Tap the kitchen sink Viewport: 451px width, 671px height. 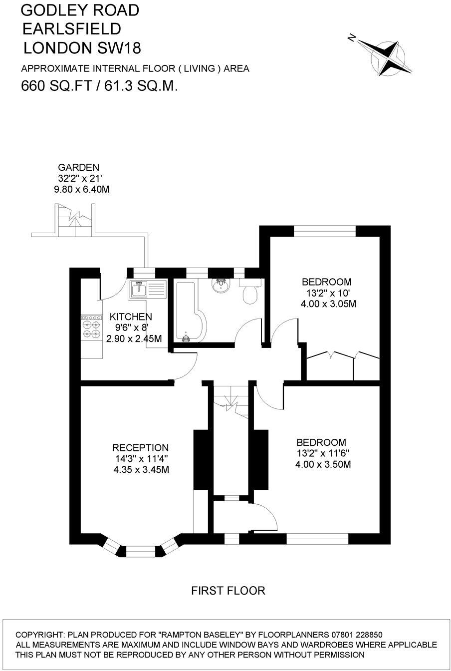(x=138, y=289)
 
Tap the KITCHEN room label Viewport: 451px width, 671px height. (x=131, y=317)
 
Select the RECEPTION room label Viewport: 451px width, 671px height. (x=140, y=447)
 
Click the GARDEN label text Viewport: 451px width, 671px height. (x=79, y=167)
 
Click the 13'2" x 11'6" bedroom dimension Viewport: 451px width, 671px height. (x=322, y=453)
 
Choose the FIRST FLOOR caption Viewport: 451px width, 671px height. (x=228, y=591)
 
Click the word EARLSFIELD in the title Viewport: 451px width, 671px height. (x=71, y=28)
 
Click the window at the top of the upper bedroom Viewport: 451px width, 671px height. (x=324, y=231)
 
